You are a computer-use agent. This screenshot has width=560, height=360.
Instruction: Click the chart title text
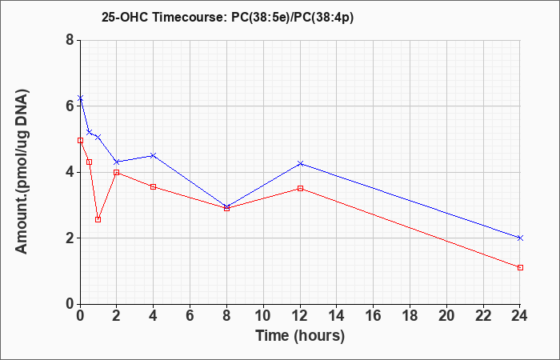point(227,17)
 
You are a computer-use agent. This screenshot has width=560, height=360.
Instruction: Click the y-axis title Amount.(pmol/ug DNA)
point(22,172)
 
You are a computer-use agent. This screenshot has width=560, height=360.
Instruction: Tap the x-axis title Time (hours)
point(300,336)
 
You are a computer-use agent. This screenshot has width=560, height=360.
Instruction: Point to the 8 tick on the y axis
point(70,40)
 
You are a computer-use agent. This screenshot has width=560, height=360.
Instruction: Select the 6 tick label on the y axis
point(70,106)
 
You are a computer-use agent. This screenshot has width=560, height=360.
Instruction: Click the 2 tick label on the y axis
point(70,238)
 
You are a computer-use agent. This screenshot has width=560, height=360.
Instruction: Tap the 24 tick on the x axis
point(520,316)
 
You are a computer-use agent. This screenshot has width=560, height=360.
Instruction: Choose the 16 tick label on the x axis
point(374,316)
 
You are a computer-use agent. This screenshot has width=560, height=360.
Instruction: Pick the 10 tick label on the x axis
point(263,316)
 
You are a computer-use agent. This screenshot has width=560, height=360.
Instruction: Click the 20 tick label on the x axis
point(446,316)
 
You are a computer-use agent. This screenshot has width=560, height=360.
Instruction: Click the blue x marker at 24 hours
point(520,238)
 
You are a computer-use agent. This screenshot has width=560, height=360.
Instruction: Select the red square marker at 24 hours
point(520,267)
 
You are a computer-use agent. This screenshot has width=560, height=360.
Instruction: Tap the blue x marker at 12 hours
point(300,163)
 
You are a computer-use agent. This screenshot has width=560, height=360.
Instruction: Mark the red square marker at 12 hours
point(300,188)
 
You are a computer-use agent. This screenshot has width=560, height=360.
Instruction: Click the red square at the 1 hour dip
point(98,219)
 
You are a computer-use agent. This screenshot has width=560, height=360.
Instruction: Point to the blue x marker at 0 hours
point(80,98)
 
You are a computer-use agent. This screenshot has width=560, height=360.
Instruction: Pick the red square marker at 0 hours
point(80,140)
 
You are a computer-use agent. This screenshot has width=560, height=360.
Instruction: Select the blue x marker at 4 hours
point(154,155)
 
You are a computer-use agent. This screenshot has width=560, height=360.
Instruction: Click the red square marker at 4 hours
point(154,186)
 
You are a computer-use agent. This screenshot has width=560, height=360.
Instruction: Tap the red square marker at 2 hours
point(117,172)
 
